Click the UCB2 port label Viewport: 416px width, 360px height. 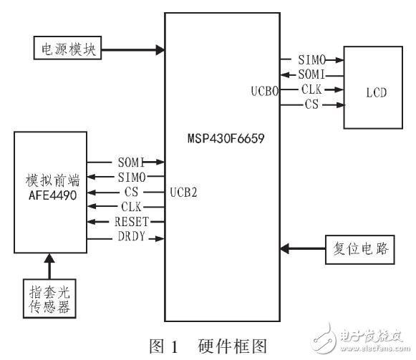coord(184,192)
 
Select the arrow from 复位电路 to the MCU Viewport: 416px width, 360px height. coord(301,248)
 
